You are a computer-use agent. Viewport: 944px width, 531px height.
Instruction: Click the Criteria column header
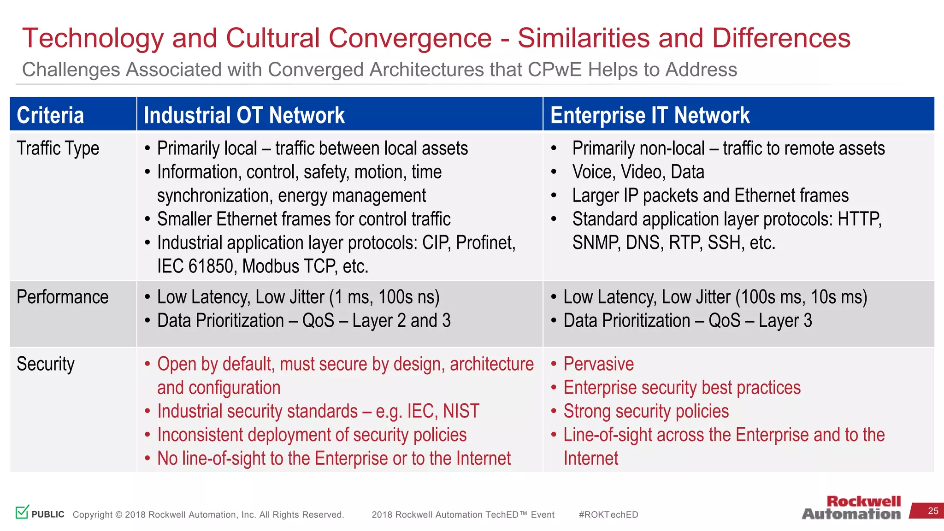(50, 115)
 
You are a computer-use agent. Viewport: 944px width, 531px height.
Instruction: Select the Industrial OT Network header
(244, 115)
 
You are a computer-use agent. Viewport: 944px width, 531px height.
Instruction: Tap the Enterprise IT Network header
(649, 115)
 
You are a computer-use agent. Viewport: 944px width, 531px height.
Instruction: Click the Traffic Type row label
(58, 148)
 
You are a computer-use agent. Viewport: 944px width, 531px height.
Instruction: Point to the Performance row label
(62, 297)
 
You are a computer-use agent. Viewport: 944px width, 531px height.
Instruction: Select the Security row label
(45, 364)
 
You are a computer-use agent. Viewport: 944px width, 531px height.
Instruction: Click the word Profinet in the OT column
(485, 243)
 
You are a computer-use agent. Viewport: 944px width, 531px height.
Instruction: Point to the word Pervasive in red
(598, 364)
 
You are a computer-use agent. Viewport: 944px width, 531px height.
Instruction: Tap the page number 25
(933, 511)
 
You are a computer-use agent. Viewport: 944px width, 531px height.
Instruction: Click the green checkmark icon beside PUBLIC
(22, 512)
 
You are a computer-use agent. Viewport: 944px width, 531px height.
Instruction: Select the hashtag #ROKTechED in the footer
(608, 515)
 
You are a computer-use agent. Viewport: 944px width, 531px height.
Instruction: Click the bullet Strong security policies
(646, 411)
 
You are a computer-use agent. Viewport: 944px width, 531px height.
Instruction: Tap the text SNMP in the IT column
(596, 243)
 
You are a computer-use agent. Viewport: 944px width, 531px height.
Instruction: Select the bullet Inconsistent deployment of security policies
(312, 435)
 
